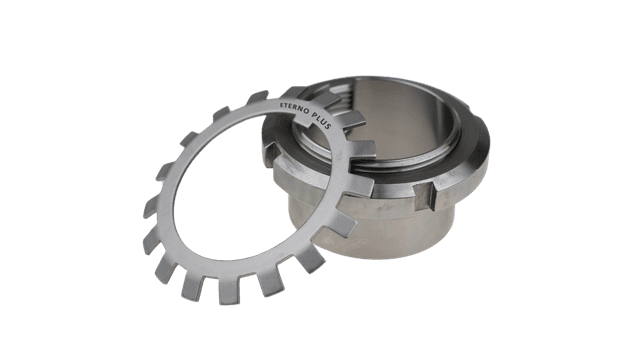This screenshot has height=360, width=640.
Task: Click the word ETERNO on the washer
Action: [293, 107]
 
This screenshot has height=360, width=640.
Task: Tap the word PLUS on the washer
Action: [321, 121]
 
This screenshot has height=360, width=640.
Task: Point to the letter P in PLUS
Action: [314, 115]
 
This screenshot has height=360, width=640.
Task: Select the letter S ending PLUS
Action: [329, 126]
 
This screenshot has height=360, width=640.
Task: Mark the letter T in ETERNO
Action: [286, 104]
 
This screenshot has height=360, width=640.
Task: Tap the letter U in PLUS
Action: [324, 122]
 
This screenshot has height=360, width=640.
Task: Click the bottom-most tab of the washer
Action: [229, 291]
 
